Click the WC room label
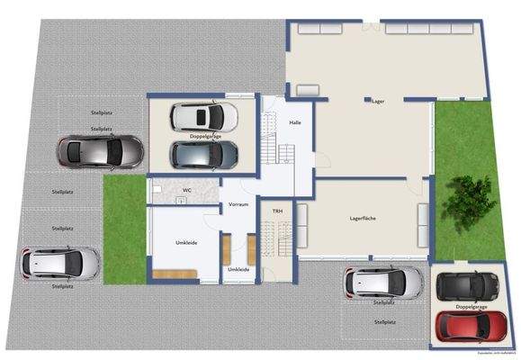(186, 190)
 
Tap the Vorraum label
(238, 204)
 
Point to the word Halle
(293, 121)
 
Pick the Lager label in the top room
(378, 102)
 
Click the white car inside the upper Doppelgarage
(204, 116)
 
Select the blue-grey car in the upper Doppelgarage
(205, 155)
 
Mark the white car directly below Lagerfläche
(383, 283)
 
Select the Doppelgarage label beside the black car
(471, 306)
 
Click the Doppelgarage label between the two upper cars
(205, 136)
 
